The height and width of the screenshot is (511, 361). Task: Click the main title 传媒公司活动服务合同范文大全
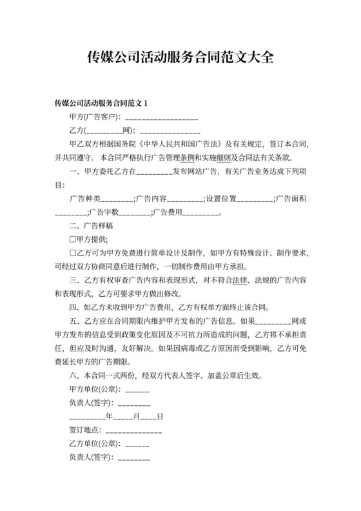180,57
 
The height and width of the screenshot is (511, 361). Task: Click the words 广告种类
83,198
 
